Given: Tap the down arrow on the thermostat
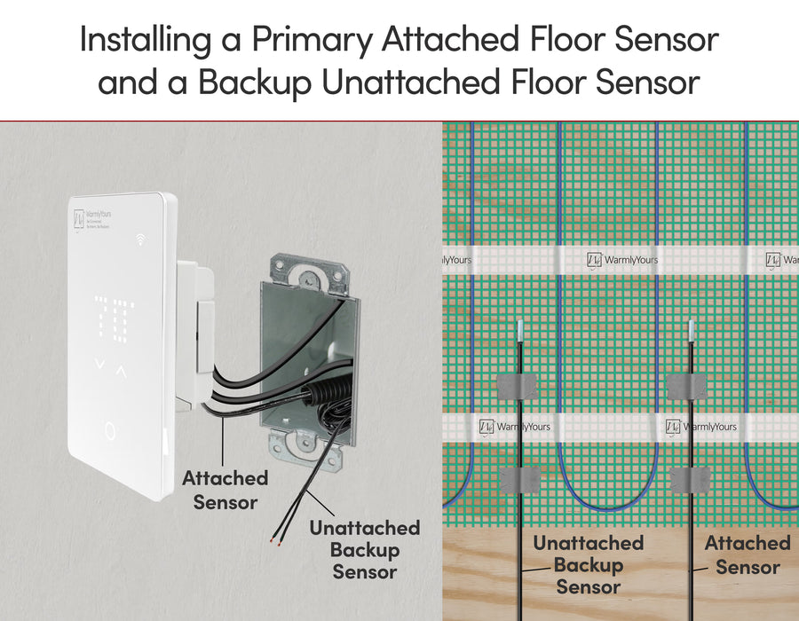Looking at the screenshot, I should (99, 365).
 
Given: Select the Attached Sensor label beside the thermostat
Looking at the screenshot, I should (225, 490).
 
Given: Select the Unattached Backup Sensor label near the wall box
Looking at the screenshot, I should (364, 550).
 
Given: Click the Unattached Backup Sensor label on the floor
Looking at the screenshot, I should (588, 564).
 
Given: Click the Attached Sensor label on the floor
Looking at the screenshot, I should (747, 554).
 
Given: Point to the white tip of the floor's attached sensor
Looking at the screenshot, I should (691, 330).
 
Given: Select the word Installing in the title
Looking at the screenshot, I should (147, 39).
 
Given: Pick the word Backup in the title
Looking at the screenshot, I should (255, 83).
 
